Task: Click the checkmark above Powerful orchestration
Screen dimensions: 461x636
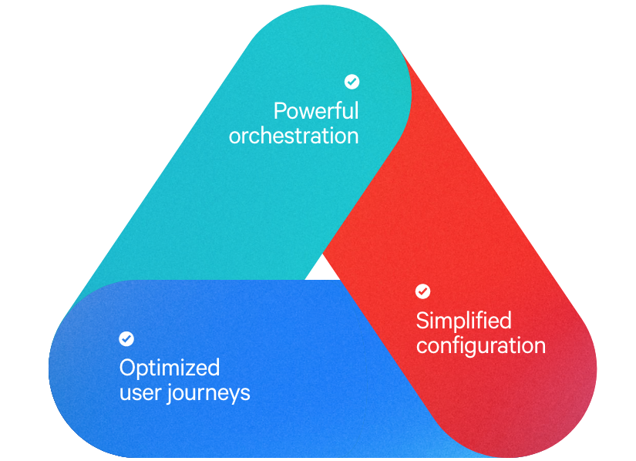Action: coord(352,81)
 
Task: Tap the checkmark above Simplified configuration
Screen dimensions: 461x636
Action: coord(422,291)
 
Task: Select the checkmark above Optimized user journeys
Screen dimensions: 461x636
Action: coord(126,338)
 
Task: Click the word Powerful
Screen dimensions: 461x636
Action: coord(316,111)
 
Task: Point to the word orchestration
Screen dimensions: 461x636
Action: coord(294,136)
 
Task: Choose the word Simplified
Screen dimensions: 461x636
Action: coord(463,321)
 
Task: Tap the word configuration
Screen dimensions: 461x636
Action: coord(480,345)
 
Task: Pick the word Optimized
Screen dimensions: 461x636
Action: coord(170,368)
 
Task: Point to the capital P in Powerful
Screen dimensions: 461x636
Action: coord(279,111)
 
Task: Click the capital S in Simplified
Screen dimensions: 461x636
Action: coord(422,321)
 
